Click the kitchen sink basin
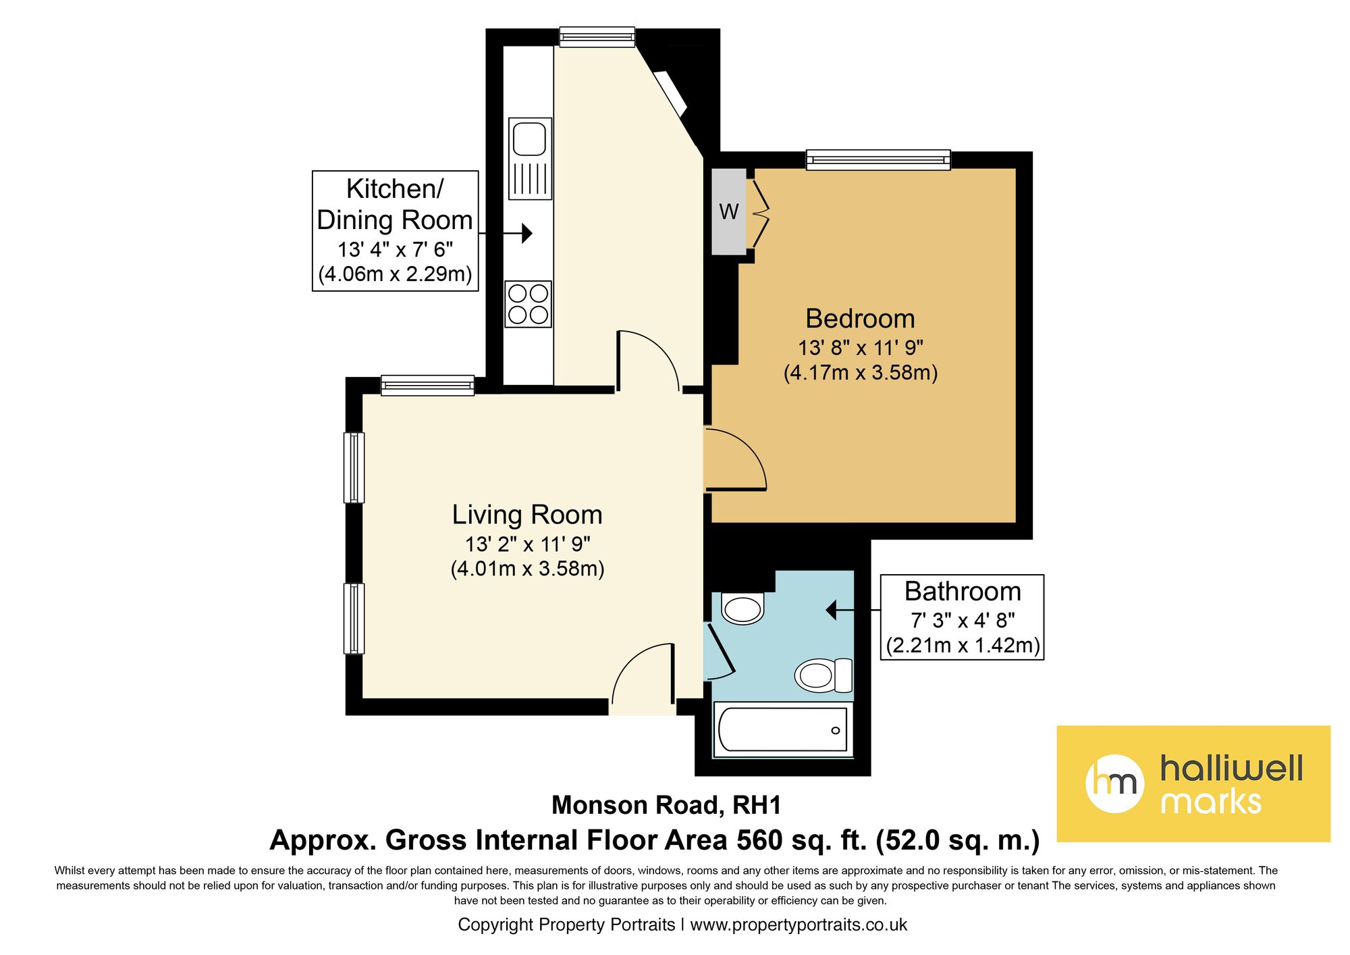[529, 139]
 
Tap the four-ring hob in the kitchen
[529, 304]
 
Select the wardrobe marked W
[729, 211]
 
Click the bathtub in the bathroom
[783, 729]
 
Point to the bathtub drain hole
[836, 730]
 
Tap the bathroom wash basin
[742, 608]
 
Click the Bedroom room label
[861, 318]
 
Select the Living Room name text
[527, 515]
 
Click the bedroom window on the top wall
[878, 160]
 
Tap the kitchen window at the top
[597, 36]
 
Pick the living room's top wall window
[427, 385]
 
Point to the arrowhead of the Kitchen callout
[527, 234]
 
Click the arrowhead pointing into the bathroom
[832, 610]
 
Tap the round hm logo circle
[1114, 783]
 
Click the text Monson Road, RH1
[666, 805]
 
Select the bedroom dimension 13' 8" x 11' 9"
[861, 348]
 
